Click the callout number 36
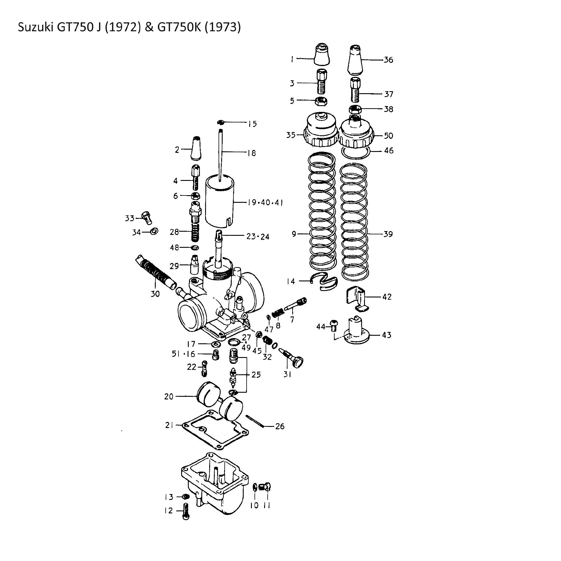pyautogui.click(x=388, y=60)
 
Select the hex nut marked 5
pyautogui.click(x=322, y=101)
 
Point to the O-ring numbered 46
pyautogui.click(x=356, y=153)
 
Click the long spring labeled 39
pyautogui.click(x=354, y=222)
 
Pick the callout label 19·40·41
pyautogui.click(x=265, y=202)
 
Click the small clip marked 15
pyautogui.click(x=221, y=122)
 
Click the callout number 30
pyautogui.click(x=155, y=294)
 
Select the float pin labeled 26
pyautogui.click(x=255, y=421)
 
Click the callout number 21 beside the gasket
pyautogui.click(x=169, y=425)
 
